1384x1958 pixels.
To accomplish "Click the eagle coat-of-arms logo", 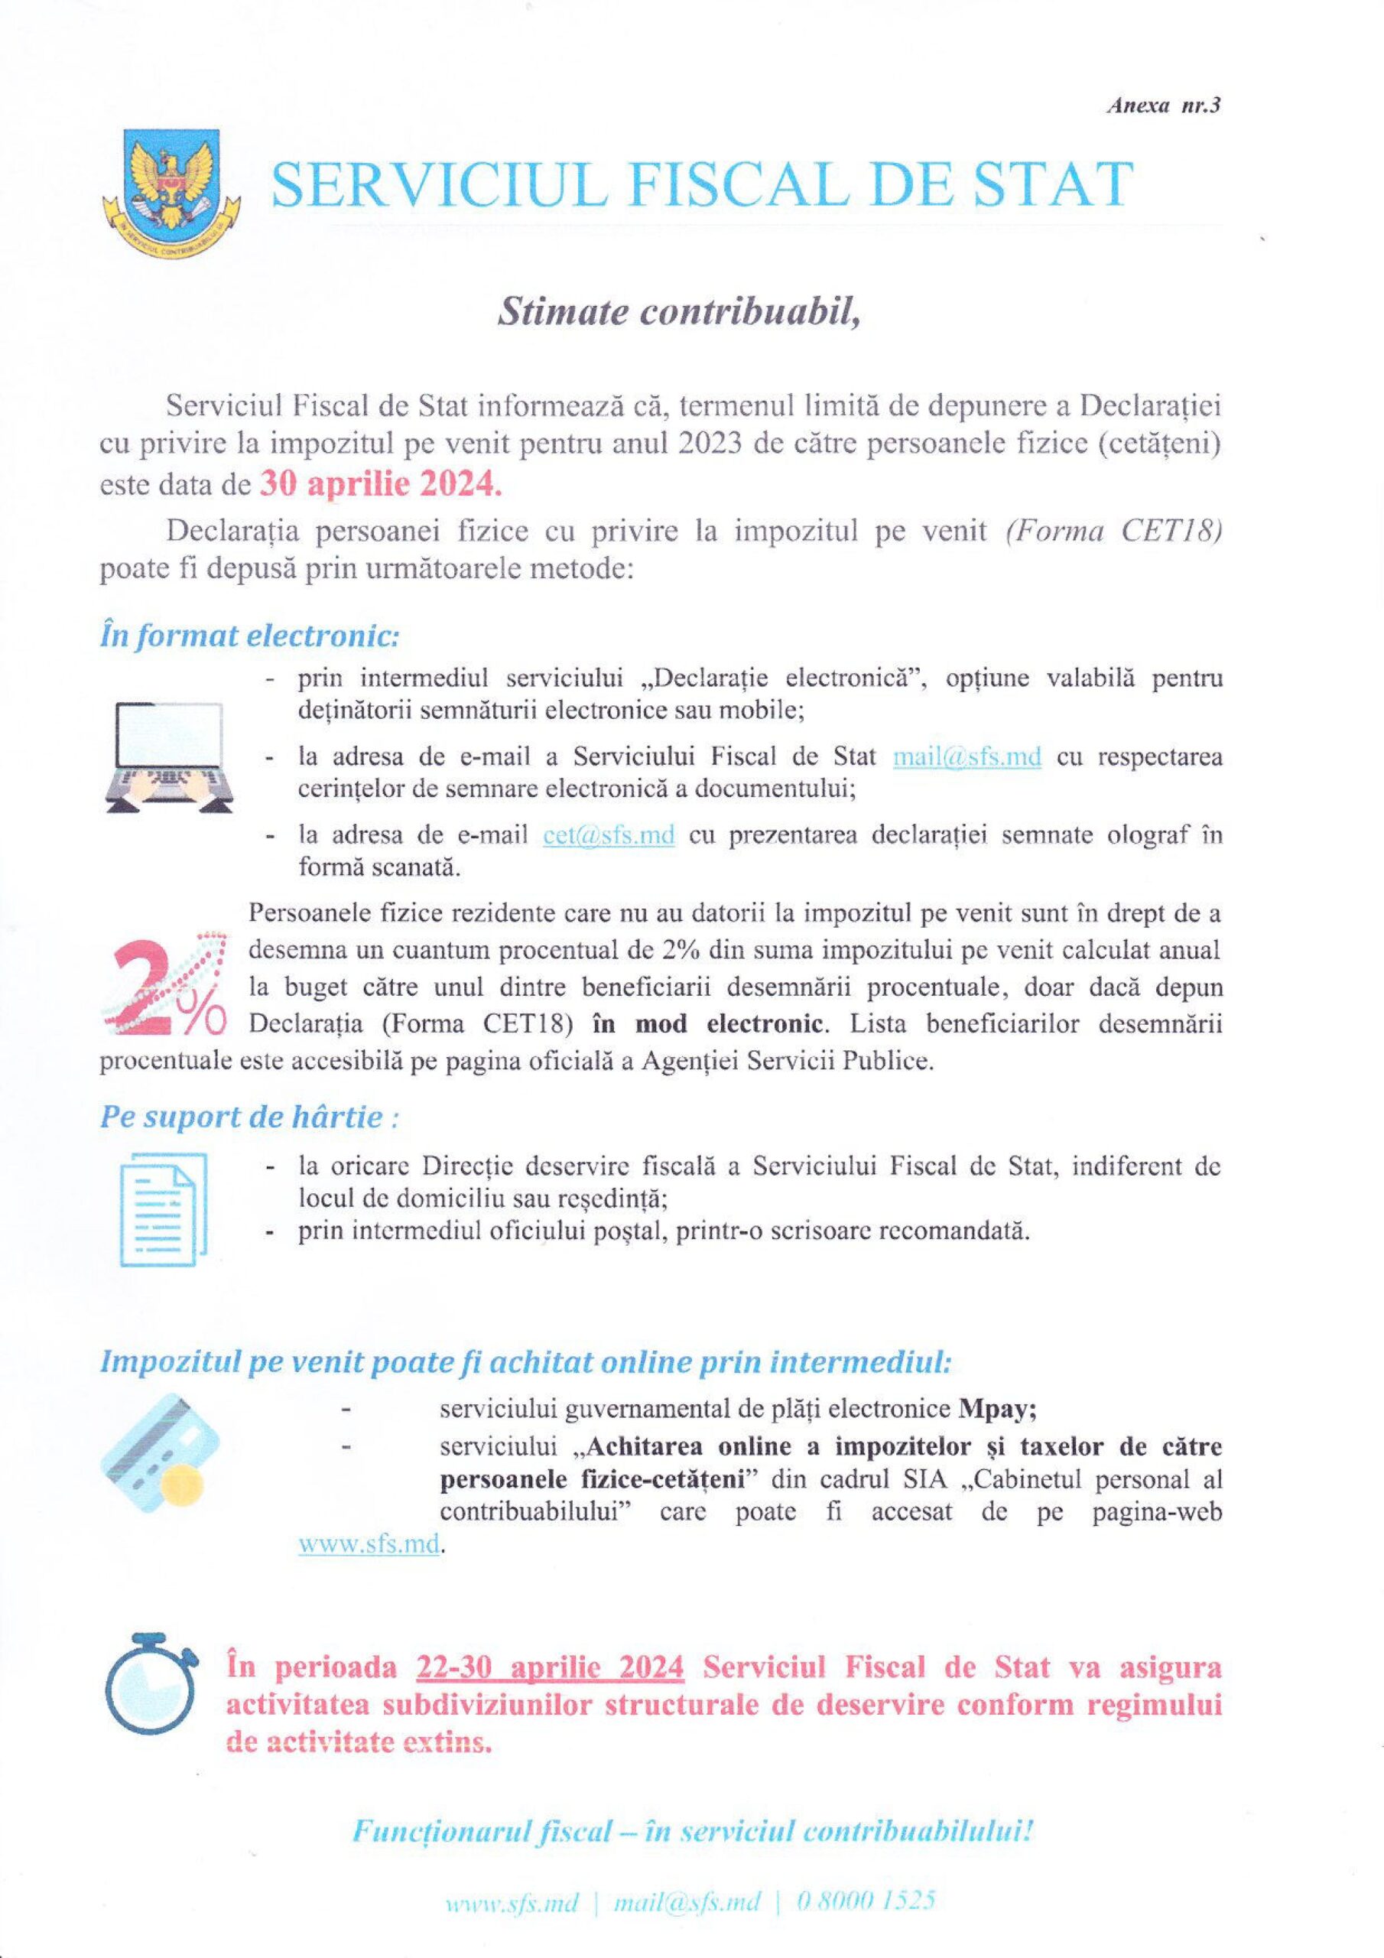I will click(171, 183).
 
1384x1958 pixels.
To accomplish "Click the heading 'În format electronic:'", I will click(249, 636).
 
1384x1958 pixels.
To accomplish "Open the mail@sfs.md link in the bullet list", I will click(967, 756).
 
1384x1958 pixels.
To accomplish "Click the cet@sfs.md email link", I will click(609, 835).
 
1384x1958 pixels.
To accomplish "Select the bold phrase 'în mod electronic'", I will click(730, 1023).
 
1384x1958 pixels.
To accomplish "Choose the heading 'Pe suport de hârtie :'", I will click(249, 1117).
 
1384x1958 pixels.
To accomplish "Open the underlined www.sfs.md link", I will click(369, 1543).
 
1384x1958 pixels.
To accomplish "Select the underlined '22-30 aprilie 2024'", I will click(550, 1667).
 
